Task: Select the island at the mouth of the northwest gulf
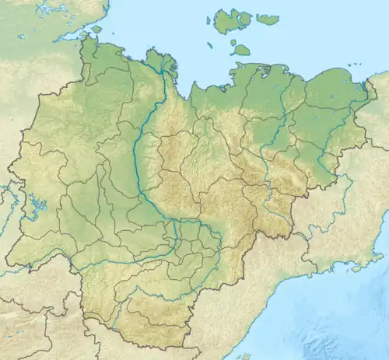coord(96,29)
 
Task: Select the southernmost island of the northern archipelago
coord(241,51)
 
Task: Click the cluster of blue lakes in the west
coord(37,205)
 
